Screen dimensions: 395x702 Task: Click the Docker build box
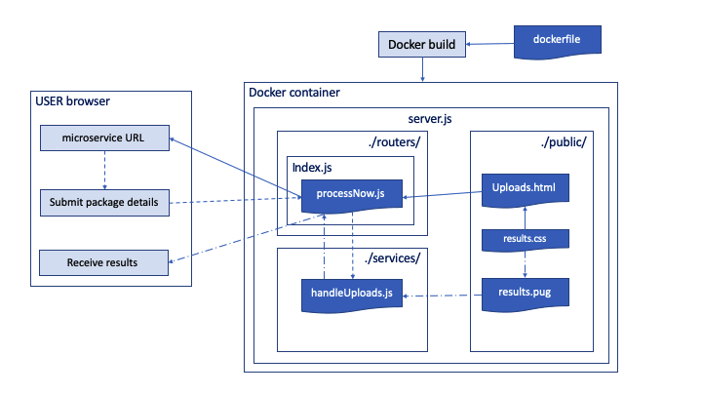(x=421, y=44)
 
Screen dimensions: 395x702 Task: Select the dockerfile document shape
(x=557, y=40)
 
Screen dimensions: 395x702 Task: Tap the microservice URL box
(x=103, y=138)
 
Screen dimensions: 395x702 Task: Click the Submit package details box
(x=103, y=203)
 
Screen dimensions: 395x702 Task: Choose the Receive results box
(x=103, y=262)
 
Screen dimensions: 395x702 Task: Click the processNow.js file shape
(x=351, y=195)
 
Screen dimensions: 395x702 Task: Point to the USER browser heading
(x=72, y=100)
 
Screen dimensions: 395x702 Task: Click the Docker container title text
(x=294, y=93)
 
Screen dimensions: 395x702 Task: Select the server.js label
(x=430, y=118)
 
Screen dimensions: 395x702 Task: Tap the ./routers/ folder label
(x=394, y=141)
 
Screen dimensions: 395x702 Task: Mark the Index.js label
(x=312, y=168)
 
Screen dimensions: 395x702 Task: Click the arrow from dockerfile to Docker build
(x=488, y=43)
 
